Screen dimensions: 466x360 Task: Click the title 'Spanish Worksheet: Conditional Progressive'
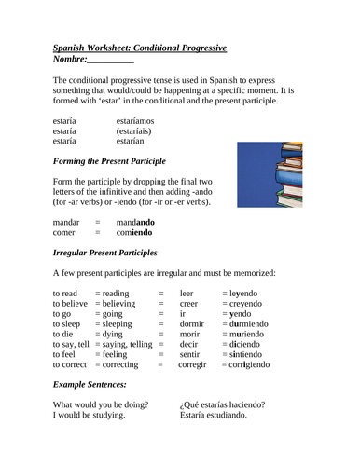point(140,48)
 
